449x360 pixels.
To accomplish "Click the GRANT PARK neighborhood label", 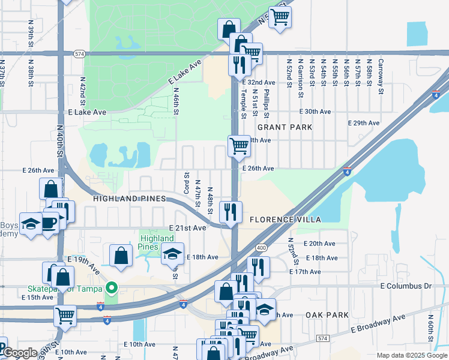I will [x=285, y=127].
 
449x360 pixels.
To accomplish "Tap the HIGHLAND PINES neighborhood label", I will [x=128, y=198].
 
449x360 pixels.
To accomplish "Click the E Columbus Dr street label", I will [x=406, y=286].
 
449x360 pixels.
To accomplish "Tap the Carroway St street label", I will [x=381, y=77].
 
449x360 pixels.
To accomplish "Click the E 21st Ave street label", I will [x=188, y=229].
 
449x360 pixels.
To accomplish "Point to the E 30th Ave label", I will [x=316, y=112].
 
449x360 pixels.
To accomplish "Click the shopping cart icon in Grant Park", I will [x=239, y=146].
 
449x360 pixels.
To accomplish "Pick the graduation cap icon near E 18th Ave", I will [x=172, y=254].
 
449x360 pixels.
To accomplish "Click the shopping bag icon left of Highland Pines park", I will [x=121, y=254].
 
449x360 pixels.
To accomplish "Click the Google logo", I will [x=19, y=353].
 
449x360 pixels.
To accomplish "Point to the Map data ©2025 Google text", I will [x=412, y=355].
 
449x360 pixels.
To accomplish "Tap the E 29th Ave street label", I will [x=364, y=123].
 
